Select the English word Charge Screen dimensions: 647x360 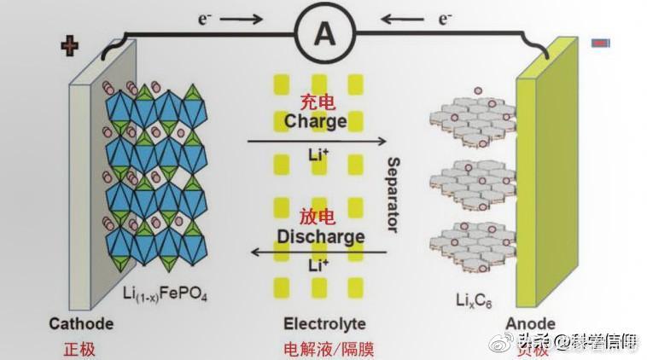316,120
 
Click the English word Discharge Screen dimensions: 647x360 320,236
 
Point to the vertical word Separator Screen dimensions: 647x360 393,195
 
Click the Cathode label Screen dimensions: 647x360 81,324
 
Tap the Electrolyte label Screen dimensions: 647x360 324,324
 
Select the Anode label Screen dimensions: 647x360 530,324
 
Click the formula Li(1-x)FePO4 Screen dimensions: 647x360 166,296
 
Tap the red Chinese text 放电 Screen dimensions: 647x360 317,217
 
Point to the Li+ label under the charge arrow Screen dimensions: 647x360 316,156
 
